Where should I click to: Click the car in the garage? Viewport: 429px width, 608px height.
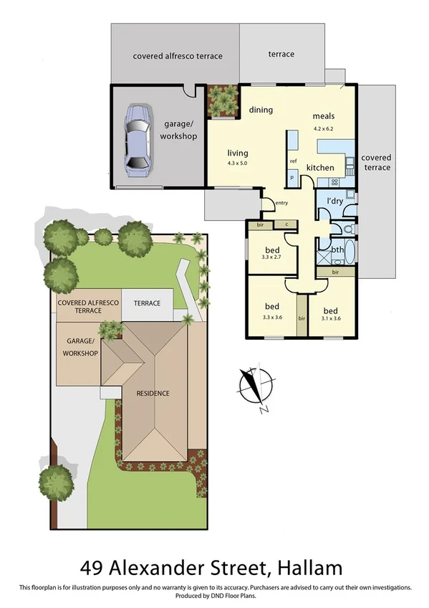[138, 141]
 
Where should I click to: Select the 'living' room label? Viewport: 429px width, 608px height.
[238, 152]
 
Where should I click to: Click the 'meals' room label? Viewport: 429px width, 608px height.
[323, 116]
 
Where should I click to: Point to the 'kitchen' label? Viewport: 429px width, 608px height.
[320, 168]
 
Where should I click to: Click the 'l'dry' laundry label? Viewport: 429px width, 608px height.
[334, 200]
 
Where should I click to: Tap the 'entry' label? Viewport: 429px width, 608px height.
[281, 203]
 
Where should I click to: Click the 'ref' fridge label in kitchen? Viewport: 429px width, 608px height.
[293, 161]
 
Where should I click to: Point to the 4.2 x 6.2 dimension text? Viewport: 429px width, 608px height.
[323, 128]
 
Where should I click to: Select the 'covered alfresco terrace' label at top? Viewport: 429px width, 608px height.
[178, 56]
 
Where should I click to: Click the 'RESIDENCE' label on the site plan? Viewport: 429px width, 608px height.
[149, 393]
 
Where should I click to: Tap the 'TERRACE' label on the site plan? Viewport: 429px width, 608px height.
[147, 303]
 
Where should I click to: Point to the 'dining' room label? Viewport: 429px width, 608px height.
[261, 110]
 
